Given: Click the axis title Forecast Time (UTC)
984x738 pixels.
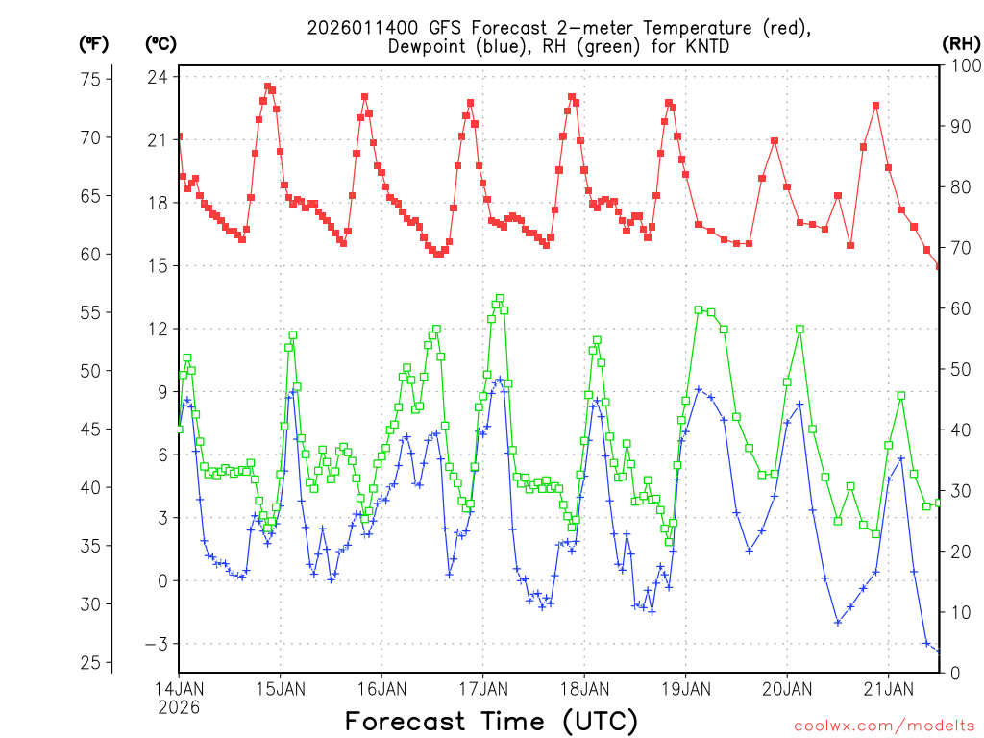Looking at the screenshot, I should tap(491, 721).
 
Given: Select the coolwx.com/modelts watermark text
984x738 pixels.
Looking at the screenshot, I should tap(883, 725).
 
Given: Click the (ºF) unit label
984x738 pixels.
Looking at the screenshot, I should tap(94, 43).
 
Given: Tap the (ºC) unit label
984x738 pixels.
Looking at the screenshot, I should tap(161, 43).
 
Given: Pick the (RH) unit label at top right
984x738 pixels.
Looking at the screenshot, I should tap(962, 43).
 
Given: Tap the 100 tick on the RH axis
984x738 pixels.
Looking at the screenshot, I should tap(963, 65).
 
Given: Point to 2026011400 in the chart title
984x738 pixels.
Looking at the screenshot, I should tap(356, 28).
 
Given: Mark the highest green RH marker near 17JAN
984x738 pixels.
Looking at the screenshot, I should tap(500, 299).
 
